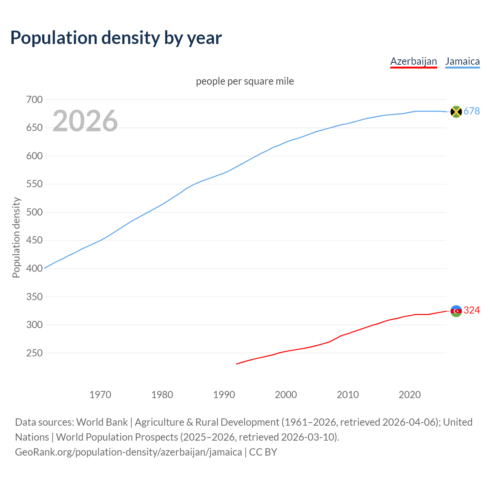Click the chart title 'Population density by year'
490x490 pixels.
point(116,38)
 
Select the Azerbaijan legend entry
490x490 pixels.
point(413,61)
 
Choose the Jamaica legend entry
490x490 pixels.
point(462,61)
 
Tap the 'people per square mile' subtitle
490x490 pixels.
point(245,81)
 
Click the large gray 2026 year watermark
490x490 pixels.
point(85,121)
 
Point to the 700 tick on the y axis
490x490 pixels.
point(34,100)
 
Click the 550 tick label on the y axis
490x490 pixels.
point(34,184)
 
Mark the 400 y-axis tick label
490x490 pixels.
point(34,268)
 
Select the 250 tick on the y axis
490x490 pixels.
point(34,353)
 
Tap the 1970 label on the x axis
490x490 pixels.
point(100,395)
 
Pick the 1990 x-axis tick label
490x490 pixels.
point(224,395)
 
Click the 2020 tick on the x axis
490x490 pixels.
point(410,395)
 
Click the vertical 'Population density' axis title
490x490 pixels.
point(16,237)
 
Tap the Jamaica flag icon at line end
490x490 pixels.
point(456,111)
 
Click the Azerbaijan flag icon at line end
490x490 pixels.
point(456,311)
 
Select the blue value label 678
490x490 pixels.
point(472,111)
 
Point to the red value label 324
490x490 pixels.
point(472,310)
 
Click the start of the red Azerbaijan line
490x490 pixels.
point(237,364)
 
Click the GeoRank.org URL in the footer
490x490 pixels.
point(128,452)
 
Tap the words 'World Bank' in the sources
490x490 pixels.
point(102,422)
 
